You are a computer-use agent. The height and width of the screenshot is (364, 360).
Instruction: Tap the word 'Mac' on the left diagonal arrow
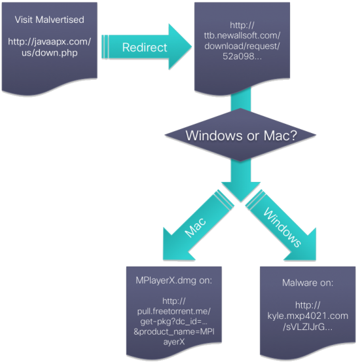(x=196, y=228)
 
